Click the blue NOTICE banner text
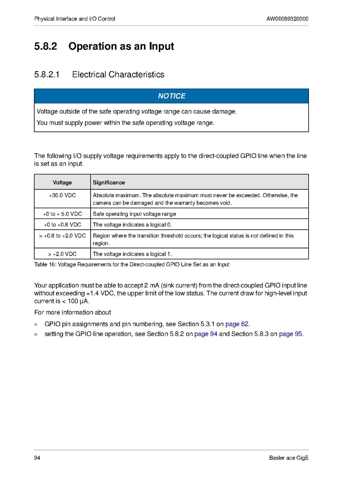point(172,96)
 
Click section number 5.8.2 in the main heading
point(46,47)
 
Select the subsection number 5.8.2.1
point(47,75)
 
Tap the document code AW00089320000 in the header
point(287,19)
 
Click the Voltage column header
point(62,182)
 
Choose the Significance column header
point(109,182)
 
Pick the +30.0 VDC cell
point(62,196)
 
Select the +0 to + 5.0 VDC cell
point(62,214)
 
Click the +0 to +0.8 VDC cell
point(62,225)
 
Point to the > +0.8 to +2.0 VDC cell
point(62,236)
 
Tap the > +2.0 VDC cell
point(62,254)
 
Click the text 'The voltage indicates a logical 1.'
point(132,254)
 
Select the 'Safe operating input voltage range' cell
point(134,214)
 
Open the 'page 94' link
point(206,334)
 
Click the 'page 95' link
point(291,334)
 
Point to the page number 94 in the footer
point(37,458)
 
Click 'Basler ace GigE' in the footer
point(289,458)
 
